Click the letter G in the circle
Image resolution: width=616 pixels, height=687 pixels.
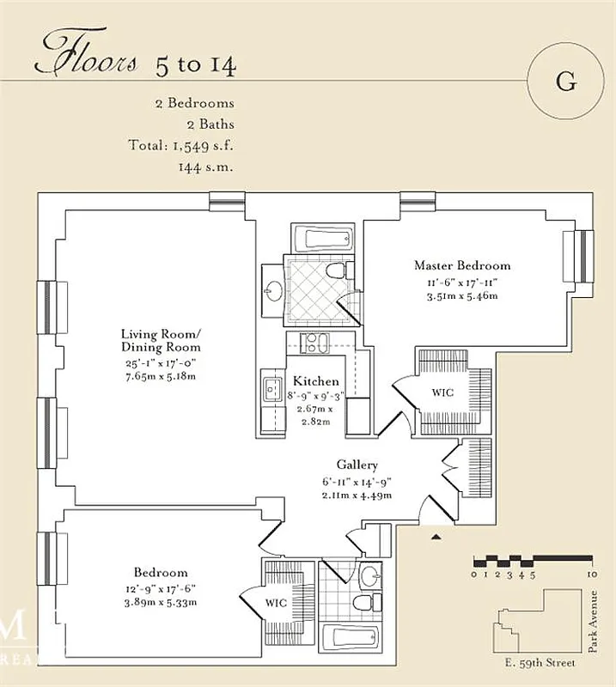click(565, 82)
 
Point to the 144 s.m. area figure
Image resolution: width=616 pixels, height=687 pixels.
click(205, 166)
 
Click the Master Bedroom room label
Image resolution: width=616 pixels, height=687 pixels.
click(461, 265)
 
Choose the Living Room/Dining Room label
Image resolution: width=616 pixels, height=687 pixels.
click(161, 340)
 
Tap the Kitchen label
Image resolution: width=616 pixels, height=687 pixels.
click(315, 380)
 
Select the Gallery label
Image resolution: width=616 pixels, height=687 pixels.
click(357, 464)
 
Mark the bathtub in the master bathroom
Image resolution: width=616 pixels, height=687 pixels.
click(322, 238)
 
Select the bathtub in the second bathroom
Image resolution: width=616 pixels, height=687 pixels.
click(349, 639)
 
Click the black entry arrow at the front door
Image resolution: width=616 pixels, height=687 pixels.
click(436, 537)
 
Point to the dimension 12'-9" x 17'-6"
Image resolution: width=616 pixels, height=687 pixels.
click(161, 588)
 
